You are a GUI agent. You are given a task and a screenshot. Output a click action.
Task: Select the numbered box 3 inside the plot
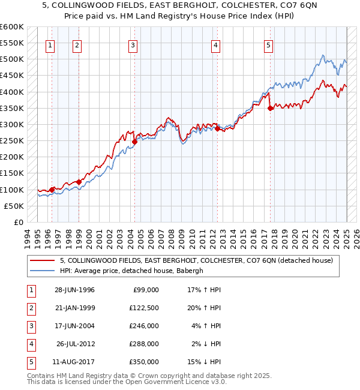(x=133, y=45)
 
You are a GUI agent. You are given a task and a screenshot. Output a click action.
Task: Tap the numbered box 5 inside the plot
(x=268, y=45)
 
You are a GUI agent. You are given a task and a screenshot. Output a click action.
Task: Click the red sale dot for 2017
(x=271, y=109)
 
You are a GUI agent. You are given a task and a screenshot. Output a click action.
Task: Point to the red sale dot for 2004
(x=135, y=142)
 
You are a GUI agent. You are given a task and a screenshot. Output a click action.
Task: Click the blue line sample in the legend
(x=41, y=271)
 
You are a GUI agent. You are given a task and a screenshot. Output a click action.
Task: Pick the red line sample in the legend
(x=41, y=260)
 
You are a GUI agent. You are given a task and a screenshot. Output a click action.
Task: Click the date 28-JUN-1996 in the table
(x=74, y=290)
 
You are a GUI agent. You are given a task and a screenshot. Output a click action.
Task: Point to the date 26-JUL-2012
(x=74, y=344)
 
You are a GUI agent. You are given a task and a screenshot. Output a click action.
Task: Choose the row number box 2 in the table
(x=29, y=308)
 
